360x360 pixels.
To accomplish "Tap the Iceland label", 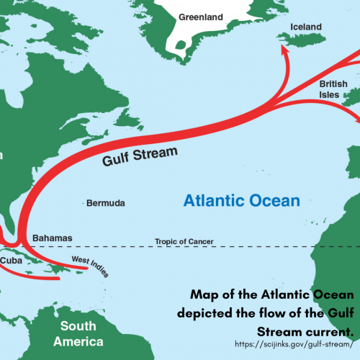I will (x=305, y=27).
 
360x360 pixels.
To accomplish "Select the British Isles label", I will (x=333, y=89).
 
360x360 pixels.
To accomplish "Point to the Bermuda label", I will (x=105, y=204).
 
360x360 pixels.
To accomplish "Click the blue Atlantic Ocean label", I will (x=240, y=200).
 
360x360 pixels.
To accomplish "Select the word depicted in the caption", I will (x=209, y=314).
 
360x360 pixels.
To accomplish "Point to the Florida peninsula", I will (x=16, y=215).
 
